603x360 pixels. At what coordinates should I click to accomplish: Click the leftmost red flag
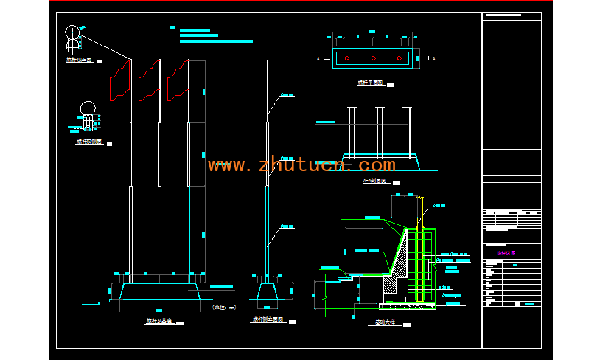point(119,80)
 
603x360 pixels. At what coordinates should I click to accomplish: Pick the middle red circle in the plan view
point(374,58)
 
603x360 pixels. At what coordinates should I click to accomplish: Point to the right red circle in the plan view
point(399,58)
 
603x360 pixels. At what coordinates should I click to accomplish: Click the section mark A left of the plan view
point(318,58)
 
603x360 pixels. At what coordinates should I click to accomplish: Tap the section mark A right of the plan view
point(433,58)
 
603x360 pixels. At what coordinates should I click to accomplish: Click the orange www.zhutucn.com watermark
point(301,165)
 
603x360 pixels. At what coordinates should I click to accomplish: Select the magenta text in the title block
point(506,252)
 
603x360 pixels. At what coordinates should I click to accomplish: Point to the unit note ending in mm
point(223,307)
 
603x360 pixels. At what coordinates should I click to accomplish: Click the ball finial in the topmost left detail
point(72,32)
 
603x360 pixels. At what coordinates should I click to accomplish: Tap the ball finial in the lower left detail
point(88,108)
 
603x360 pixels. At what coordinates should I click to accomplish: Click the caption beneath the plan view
point(372,83)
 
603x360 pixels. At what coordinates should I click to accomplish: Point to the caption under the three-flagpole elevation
point(158,322)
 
